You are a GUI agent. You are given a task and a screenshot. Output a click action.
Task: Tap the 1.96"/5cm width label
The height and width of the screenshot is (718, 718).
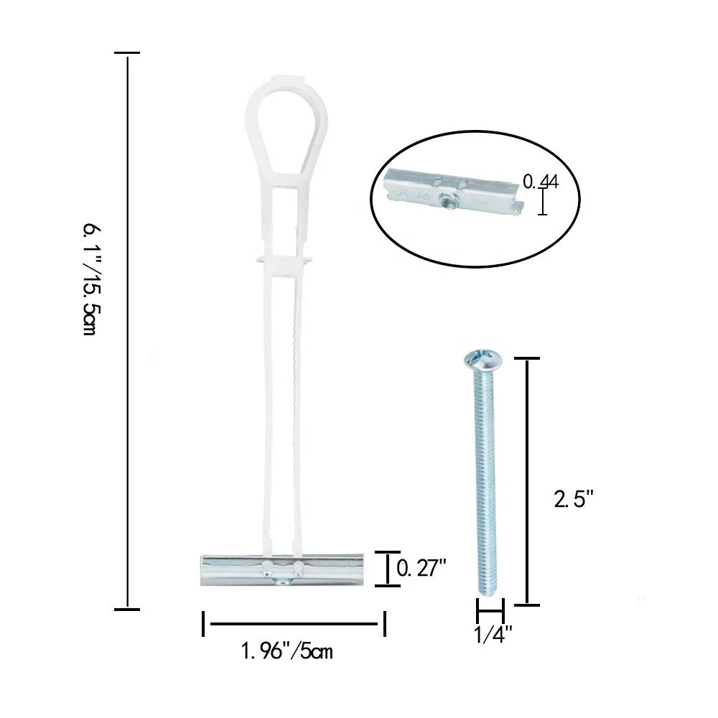click(x=286, y=652)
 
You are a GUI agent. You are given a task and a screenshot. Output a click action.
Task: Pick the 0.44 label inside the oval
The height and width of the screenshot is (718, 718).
click(x=540, y=182)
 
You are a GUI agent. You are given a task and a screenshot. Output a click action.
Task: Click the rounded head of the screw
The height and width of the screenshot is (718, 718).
click(x=479, y=358)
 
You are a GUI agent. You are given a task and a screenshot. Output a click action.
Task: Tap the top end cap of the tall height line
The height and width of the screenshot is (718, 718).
click(x=127, y=53)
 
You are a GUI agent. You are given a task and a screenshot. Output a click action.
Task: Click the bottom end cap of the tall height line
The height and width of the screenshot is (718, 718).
click(x=127, y=610)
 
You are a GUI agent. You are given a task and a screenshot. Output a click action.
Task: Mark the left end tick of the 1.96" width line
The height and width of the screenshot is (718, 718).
click(x=204, y=623)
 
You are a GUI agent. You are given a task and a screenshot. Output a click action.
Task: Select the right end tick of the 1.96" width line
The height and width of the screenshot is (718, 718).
click(x=385, y=623)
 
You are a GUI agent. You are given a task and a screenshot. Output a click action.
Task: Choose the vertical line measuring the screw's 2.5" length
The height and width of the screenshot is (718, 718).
click(x=528, y=481)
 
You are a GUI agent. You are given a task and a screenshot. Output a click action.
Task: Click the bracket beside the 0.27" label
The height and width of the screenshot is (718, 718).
click(x=388, y=569)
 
